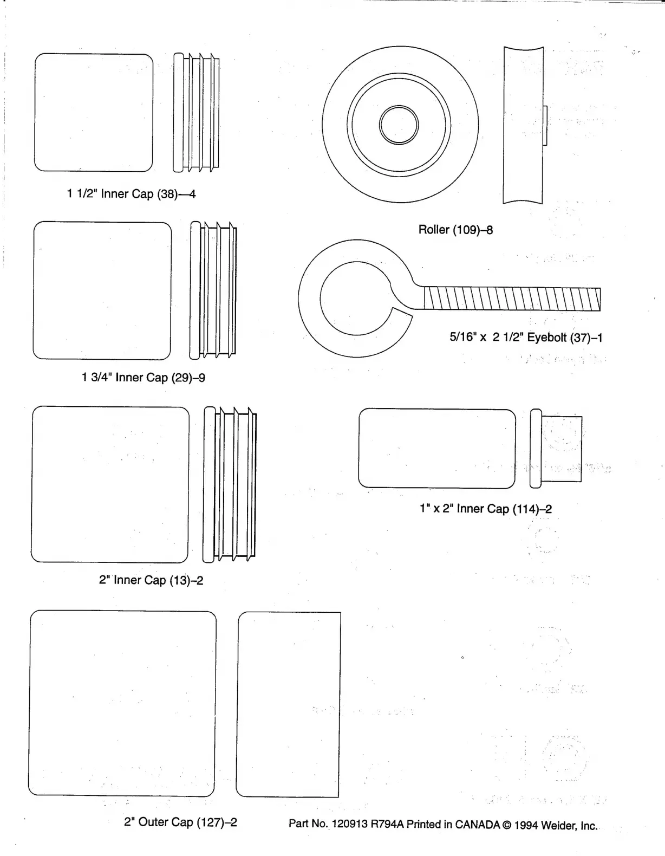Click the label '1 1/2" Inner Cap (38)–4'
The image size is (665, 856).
click(x=131, y=194)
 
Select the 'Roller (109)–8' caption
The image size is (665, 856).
click(x=455, y=230)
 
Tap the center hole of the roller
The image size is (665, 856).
click(x=399, y=125)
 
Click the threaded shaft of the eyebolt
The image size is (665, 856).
click(x=511, y=299)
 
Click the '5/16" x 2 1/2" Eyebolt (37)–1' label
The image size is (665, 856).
click(x=526, y=338)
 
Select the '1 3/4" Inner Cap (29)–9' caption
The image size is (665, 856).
click(x=144, y=378)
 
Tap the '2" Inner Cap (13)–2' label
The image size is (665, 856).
click(x=151, y=580)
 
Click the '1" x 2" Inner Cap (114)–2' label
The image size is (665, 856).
click(x=486, y=509)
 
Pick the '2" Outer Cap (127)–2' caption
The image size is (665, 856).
click(x=180, y=822)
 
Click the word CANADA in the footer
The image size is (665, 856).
click(x=477, y=825)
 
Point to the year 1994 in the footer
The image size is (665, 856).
click(x=526, y=825)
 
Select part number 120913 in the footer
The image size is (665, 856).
click(x=349, y=825)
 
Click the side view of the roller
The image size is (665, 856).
click(x=523, y=125)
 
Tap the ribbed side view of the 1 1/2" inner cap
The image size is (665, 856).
click(x=197, y=113)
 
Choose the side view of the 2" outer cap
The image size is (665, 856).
click(x=289, y=704)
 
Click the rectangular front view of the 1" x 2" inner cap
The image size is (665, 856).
click(x=437, y=448)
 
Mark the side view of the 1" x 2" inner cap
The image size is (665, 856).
click(x=557, y=448)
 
